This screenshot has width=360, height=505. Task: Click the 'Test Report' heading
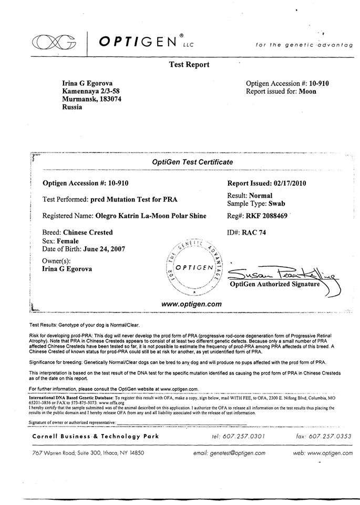189,65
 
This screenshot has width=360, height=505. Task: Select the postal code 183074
109,98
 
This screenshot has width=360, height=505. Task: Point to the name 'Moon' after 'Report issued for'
307,91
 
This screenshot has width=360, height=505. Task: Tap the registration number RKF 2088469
268,216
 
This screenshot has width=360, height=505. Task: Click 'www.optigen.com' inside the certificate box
191,304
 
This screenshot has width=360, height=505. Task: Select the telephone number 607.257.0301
245,437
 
